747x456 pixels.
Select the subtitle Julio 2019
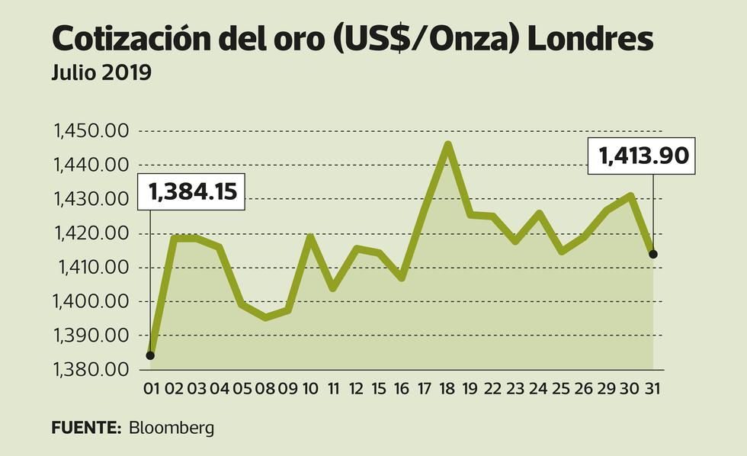coord(101,74)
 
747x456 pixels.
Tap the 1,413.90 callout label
coord(643,156)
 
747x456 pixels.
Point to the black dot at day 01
coord(150,355)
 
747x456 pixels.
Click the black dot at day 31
coord(653,254)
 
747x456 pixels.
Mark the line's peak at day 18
coord(448,144)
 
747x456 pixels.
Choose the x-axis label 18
coord(447,389)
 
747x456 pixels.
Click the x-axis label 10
coord(310,389)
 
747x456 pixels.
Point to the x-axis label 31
coord(652,389)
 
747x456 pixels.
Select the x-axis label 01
coord(151,389)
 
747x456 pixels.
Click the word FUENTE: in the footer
coord(86,428)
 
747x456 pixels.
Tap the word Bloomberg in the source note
coord(172,428)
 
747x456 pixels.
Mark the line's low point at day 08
coord(264,316)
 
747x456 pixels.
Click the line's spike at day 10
coord(310,237)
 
